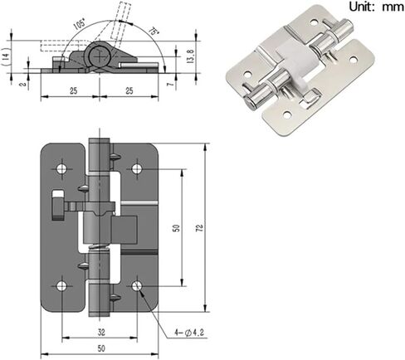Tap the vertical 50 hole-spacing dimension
point(175,226)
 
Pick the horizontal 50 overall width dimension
point(100,349)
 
